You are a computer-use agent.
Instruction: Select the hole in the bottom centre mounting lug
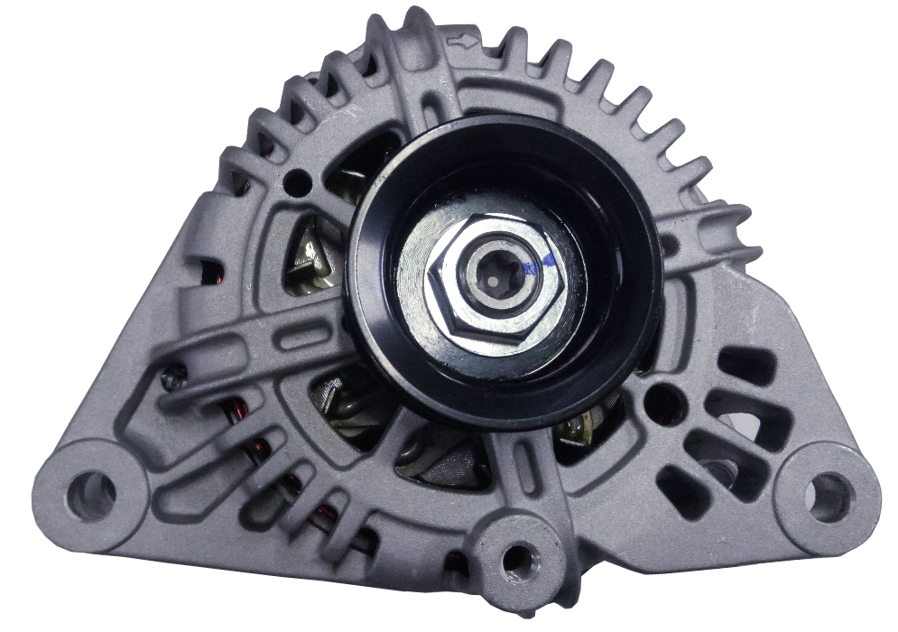pos(517,560)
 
